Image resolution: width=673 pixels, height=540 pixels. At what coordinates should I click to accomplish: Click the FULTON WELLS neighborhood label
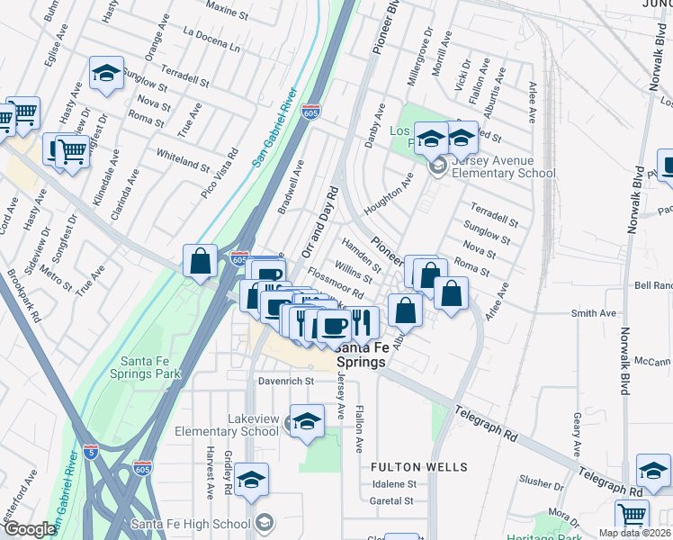coord(419,467)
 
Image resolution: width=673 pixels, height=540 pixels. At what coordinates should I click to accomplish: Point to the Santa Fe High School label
coord(190,524)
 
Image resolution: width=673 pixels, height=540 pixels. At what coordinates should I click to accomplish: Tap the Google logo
coord(29,530)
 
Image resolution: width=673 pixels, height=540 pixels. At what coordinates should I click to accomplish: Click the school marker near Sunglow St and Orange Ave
coord(106,73)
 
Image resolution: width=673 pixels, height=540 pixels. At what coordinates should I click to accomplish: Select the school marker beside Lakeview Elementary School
coord(306,421)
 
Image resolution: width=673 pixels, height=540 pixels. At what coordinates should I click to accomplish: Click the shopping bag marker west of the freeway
coord(201,261)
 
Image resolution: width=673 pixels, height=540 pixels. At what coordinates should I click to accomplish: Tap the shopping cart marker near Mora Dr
coord(632,516)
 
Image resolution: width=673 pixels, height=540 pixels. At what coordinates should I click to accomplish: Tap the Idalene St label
coord(391,483)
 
